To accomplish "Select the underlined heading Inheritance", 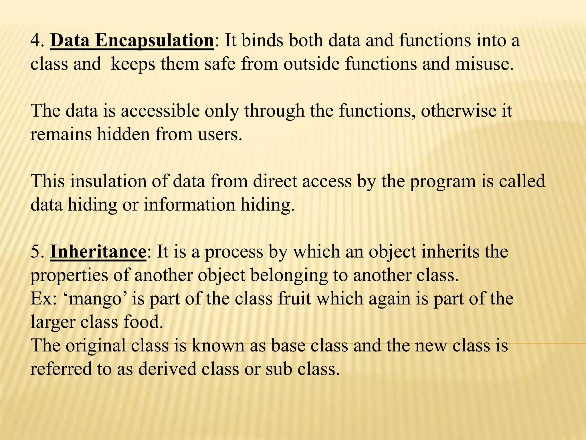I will (98, 252).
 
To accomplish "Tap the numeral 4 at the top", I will (35, 41).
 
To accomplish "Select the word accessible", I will (160, 111).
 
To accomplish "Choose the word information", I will (189, 205).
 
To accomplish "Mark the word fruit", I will (294, 299).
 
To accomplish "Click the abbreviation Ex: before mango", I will (43, 299).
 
